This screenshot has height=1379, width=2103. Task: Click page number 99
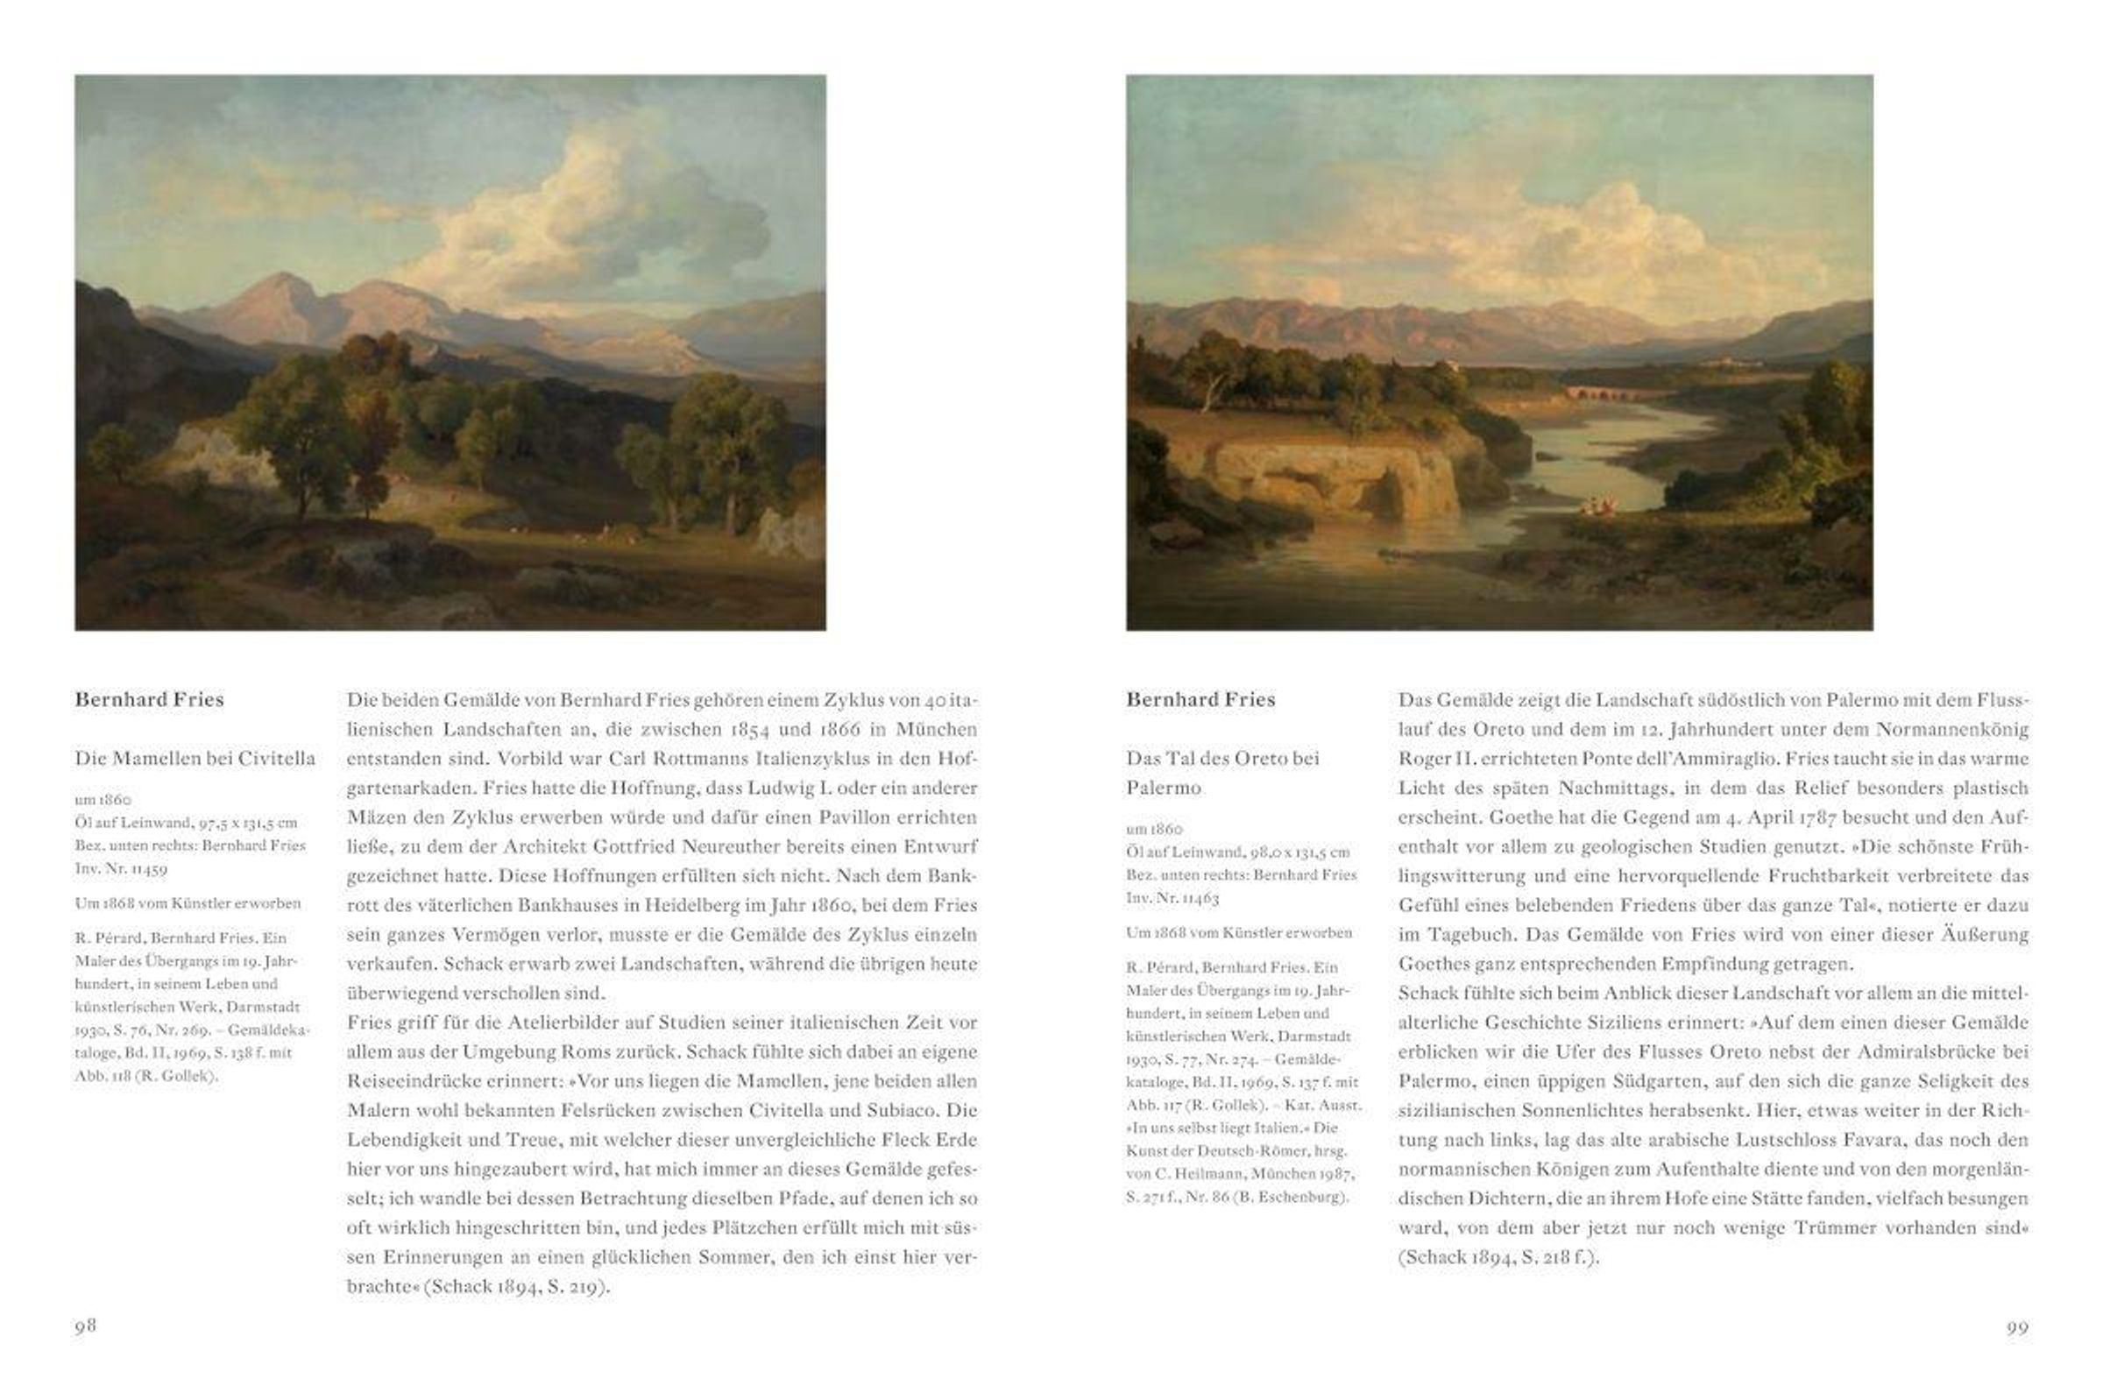click(x=2017, y=1327)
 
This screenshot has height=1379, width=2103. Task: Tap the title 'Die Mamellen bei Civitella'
click(x=195, y=758)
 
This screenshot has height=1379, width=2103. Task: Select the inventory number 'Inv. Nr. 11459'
click(x=121, y=868)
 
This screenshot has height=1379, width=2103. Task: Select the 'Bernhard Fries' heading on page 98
click(x=149, y=700)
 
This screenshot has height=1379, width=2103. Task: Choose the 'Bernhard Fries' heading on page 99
click(x=1200, y=700)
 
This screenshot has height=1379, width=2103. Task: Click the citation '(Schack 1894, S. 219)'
click(x=515, y=1286)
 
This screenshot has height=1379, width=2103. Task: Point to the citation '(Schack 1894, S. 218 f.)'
click(x=1498, y=1257)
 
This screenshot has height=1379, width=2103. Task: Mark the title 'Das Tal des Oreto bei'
click(x=1222, y=758)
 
